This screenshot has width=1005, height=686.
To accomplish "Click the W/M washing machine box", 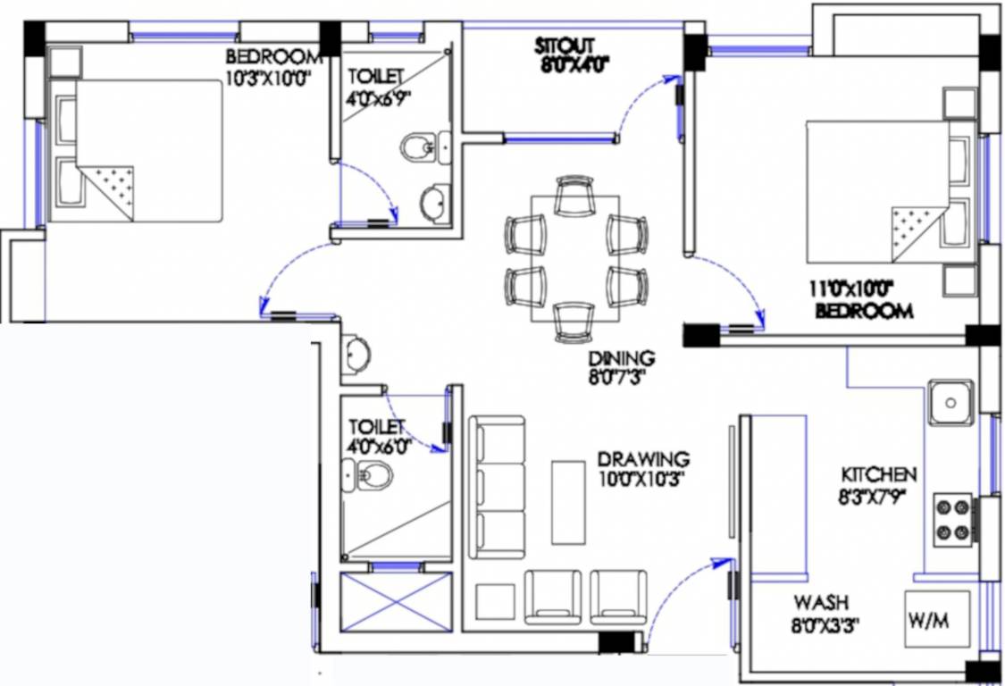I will coord(937,619).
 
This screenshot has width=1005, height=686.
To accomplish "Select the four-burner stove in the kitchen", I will coord(952,520).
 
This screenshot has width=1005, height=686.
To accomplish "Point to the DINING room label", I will coord(621,358).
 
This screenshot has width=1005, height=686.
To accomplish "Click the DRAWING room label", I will coord(643,458).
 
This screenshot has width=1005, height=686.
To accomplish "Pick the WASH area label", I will coord(821,603).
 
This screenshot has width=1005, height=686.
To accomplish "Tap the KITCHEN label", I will coord(878,474).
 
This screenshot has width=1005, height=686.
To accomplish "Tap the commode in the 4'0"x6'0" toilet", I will coord(367,477).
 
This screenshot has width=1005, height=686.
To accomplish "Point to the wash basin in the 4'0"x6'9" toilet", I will coord(435,204).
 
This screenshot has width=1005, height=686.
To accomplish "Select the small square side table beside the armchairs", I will coord(495,601).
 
